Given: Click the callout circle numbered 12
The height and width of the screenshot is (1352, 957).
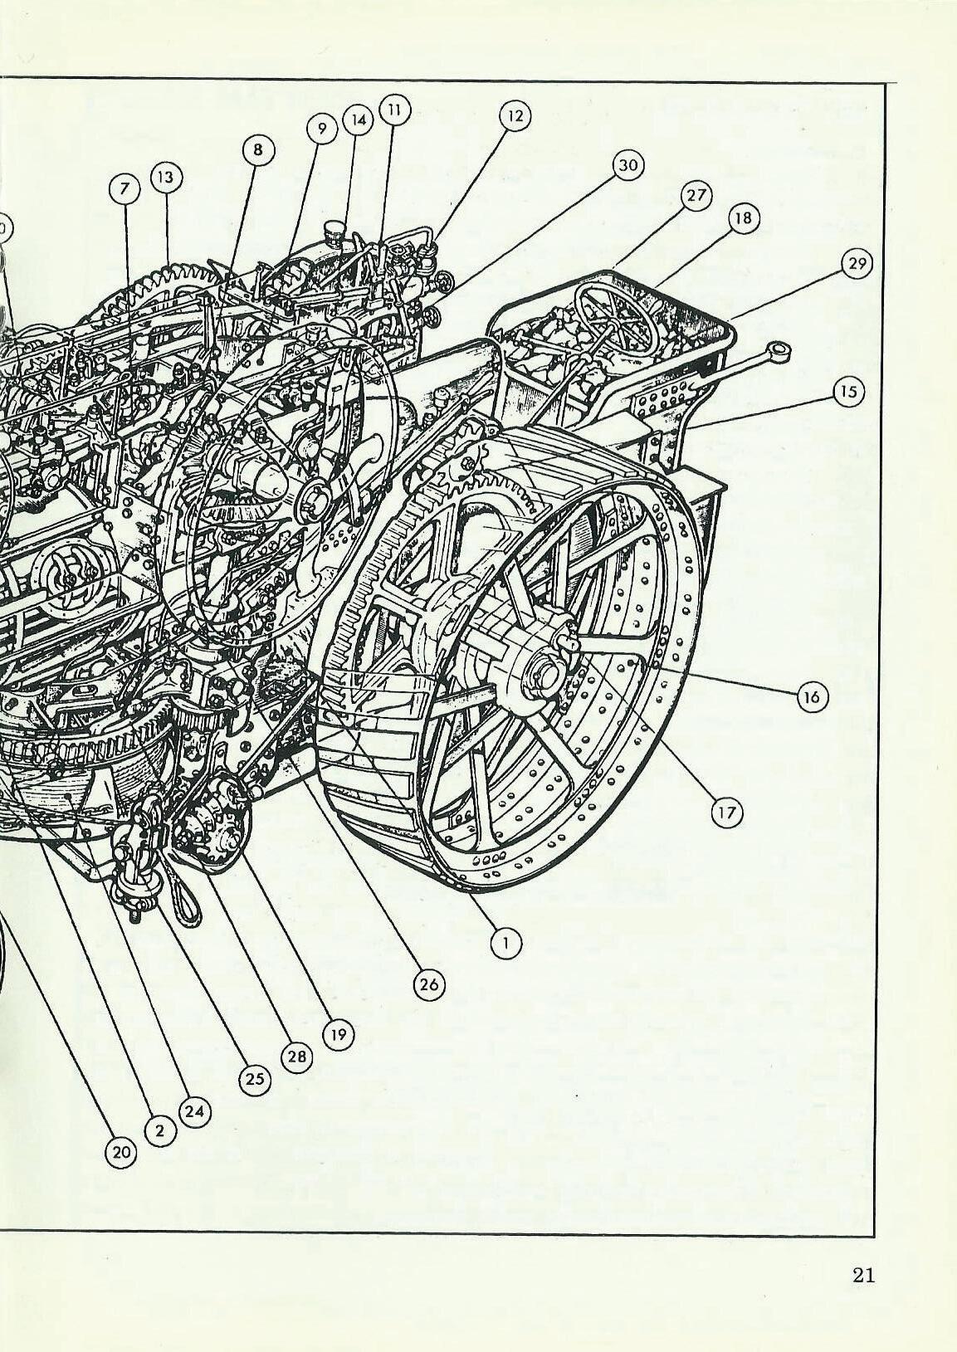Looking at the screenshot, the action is (515, 115).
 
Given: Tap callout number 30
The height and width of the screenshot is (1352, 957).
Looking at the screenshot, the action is (628, 166).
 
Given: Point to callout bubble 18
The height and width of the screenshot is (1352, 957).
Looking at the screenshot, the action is (743, 218).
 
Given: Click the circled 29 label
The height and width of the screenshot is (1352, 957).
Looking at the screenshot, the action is (856, 265).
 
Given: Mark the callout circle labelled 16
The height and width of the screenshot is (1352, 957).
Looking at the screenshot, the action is (811, 697).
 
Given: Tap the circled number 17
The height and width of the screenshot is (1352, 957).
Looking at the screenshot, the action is (726, 813).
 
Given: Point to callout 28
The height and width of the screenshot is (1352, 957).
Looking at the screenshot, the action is (296, 1057).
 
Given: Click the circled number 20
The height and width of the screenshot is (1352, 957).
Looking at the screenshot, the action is (121, 1152).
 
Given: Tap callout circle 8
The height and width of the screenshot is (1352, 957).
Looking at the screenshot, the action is (258, 149).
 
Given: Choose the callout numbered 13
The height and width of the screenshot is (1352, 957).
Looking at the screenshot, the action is (166, 177).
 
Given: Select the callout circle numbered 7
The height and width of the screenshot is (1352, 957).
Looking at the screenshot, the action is (125, 190).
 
